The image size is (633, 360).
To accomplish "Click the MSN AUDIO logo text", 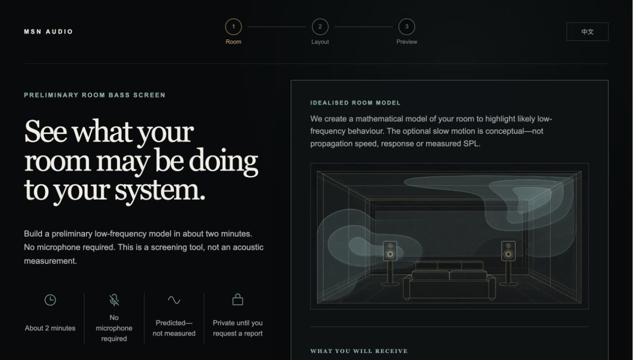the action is (x=49, y=32).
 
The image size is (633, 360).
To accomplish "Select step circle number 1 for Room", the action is (x=233, y=27).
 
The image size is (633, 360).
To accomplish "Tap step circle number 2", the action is (x=320, y=27).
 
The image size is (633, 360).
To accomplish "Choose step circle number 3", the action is (x=407, y=27).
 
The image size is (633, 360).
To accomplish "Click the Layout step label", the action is (x=320, y=42).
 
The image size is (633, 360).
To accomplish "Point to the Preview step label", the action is (x=407, y=42).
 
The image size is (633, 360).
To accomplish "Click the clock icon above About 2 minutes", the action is (x=50, y=300).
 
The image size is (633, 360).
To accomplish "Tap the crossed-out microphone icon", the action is (x=114, y=300).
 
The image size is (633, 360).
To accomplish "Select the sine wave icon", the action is (x=174, y=300).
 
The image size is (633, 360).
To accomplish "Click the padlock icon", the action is (x=238, y=299).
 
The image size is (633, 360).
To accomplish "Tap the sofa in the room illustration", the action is (x=449, y=281).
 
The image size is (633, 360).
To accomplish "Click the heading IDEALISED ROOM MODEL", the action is (x=356, y=103).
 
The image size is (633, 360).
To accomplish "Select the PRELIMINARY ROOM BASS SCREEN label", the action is (x=95, y=95).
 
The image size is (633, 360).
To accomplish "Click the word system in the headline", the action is (x=160, y=191).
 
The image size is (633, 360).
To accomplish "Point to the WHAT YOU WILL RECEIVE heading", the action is (x=359, y=351).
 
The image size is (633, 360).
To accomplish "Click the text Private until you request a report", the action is (x=238, y=328).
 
